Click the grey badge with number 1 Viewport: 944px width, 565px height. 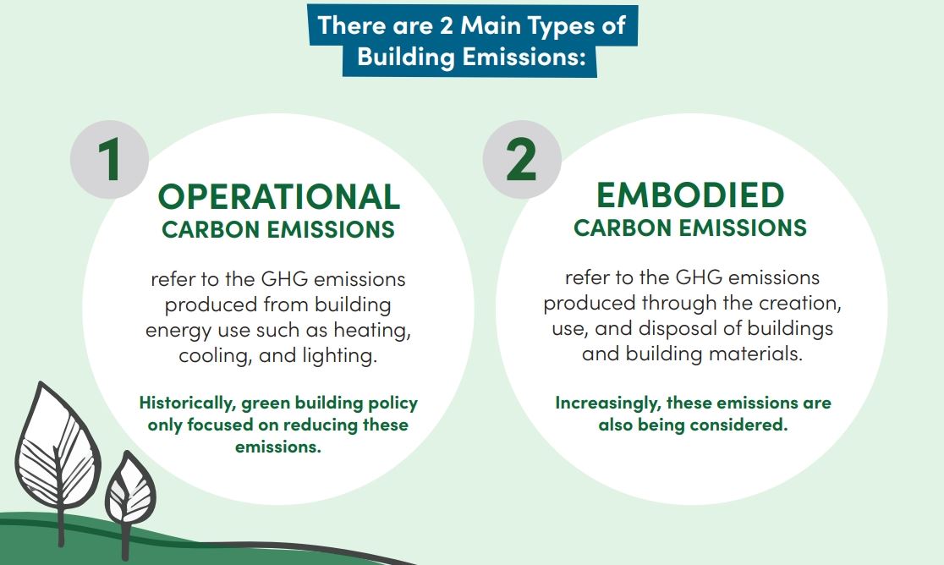[109, 160]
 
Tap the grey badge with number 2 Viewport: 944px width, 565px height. [521, 160]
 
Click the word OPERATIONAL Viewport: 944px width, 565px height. [279, 197]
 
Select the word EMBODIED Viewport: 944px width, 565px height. [690, 195]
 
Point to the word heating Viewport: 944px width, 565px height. [372, 331]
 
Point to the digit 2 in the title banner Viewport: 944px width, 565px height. [446, 26]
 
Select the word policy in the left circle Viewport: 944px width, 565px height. [393, 403]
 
